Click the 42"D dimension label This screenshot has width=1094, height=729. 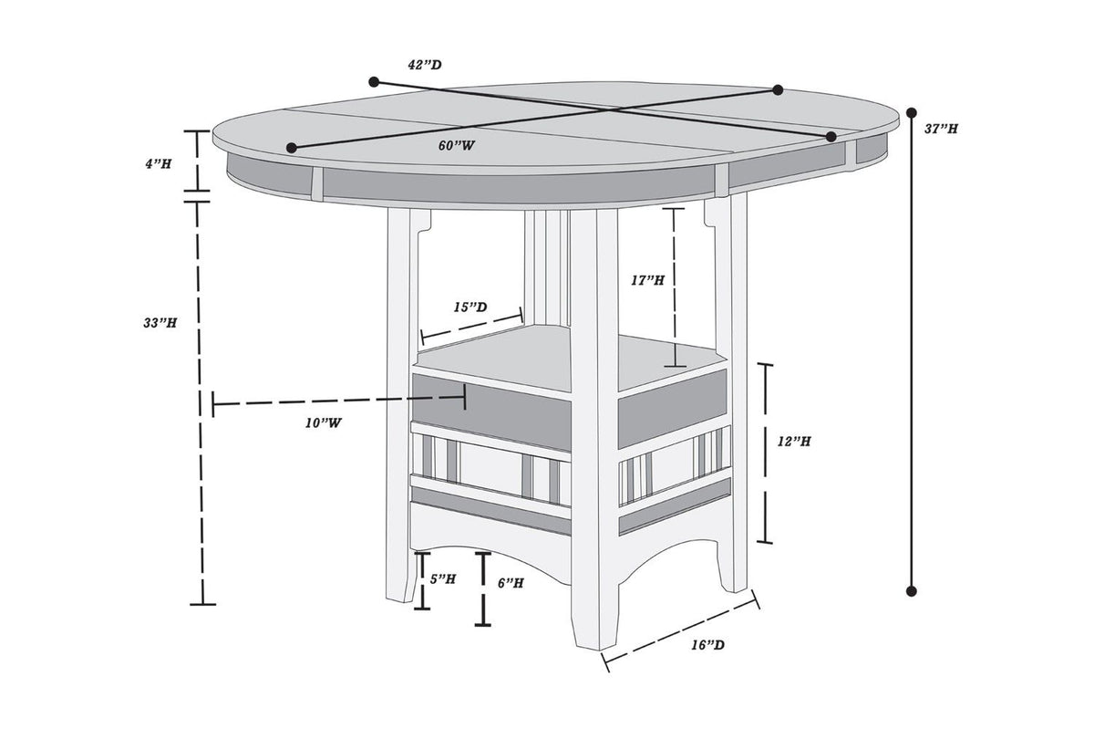[425, 65]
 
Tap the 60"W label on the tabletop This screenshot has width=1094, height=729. [457, 145]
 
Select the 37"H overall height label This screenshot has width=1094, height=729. [941, 129]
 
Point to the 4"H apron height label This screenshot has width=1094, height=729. [159, 164]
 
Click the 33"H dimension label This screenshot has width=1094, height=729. [160, 323]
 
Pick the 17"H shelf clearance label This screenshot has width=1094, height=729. [647, 280]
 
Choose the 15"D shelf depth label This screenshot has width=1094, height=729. [470, 307]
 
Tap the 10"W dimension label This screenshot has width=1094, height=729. [324, 423]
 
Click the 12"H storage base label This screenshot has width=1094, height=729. [794, 442]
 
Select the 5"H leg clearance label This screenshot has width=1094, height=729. [443, 579]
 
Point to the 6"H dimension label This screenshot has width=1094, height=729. [511, 583]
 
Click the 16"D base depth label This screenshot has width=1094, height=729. [707, 645]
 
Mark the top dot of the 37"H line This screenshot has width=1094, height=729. [911, 113]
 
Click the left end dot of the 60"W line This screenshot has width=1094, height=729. [292, 148]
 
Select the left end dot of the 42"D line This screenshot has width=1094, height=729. [374, 81]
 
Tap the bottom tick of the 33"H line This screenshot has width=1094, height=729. [202, 605]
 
